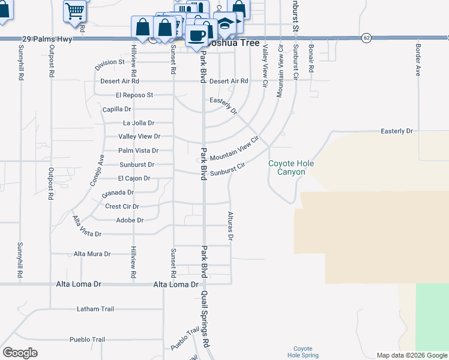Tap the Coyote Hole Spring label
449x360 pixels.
coord(303,352)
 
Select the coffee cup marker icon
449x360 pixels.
coord(196,35)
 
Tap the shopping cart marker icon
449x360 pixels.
coord(75,9)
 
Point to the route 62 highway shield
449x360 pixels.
coord(366,38)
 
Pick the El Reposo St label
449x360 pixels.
coord(135,95)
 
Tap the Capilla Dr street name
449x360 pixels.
coord(116,109)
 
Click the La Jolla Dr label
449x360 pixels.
coord(138,122)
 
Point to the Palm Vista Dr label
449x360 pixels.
coord(138,151)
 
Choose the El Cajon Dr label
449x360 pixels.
coord(134,178)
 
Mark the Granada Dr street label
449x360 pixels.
coord(117,193)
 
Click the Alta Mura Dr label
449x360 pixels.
coord(92,254)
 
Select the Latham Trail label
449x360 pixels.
coord(95,309)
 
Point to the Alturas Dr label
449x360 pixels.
coord(230,225)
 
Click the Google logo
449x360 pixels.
coord(20,352)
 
